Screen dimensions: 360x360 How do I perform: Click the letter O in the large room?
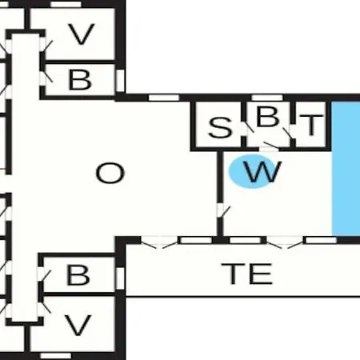tap(110, 174)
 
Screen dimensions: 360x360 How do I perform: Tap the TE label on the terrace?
tap(247, 274)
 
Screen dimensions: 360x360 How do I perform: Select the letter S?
tap(220, 128)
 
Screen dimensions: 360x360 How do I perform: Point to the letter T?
tap(311, 125)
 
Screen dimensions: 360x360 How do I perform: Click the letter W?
tap(262, 171)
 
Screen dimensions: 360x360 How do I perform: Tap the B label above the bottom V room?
tap(78, 274)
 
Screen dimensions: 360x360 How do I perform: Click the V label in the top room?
tap(82, 34)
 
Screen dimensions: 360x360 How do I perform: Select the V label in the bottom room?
tap(78, 325)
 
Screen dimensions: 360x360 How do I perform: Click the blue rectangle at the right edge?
tap(346, 169)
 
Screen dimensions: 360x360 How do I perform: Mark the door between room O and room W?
tap(222, 210)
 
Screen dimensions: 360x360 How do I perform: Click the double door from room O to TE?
tap(159, 242)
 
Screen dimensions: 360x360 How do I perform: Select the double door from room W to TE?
tap(285, 242)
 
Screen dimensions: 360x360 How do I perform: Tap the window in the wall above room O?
tap(164, 98)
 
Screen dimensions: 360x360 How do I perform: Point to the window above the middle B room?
tap(267, 98)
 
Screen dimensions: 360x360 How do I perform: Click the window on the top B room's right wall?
tap(121, 80)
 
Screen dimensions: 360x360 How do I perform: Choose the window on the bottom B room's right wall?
tap(121, 278)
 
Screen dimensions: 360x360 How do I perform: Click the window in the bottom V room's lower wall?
tap(56, 356)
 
